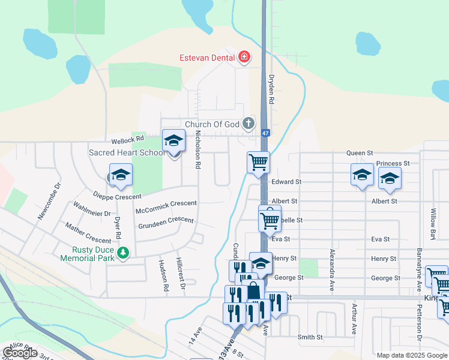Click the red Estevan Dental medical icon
click(244, 58)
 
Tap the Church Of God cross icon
click(249, 124)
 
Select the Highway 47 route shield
click(265, 133)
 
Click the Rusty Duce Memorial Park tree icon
click(122, 253)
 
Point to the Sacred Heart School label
click(126, 152)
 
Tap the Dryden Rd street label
click(271, 90)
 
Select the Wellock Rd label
click(124, 138)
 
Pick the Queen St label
click(360, 153)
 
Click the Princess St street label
click(393, 163)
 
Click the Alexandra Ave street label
click(331, 270)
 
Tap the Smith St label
click(310, 337)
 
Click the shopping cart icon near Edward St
click(258, 161)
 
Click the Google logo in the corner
click(20, 353)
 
